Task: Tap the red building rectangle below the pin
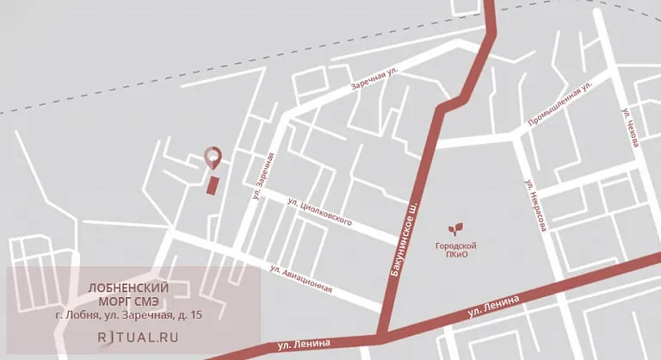pyautogui.click(x=213, y=185)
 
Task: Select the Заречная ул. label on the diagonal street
pyautogui.click(x=375, y=80)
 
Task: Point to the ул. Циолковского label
pyautogui.click(x=319, y=212)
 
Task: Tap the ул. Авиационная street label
pyautogui.click(x=300, y=280)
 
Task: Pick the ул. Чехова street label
pyautogui.click(x=630, y=127)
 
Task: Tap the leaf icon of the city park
pyautogui.click(x=455, y=230)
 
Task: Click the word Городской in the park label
pyautogui.click(x=455, y=246)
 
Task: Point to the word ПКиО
pyautogui.click(x=455, y=256)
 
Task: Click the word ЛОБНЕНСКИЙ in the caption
pyautogui.click(x=129, y=287)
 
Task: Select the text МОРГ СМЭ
pyautogui.click(x=129, y=301)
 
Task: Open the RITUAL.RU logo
pyautogui.click(x=138, y=337)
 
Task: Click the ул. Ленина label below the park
pyautogui.click(x=493, y=304)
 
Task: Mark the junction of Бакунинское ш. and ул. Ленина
pyautogui.click(x=381, y=335)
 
